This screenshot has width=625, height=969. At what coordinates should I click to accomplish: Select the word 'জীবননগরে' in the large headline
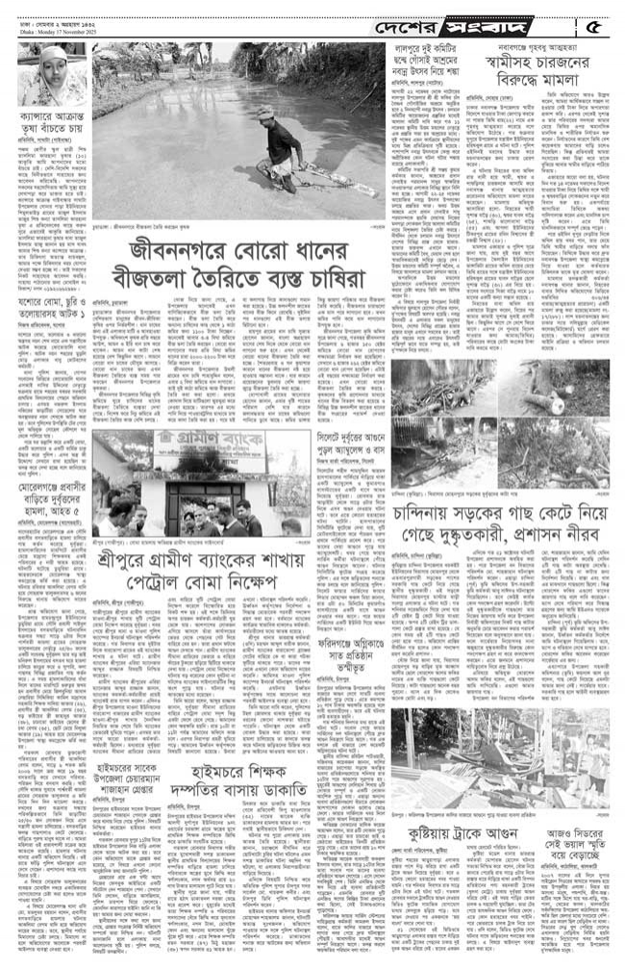[x=183, y=256]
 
